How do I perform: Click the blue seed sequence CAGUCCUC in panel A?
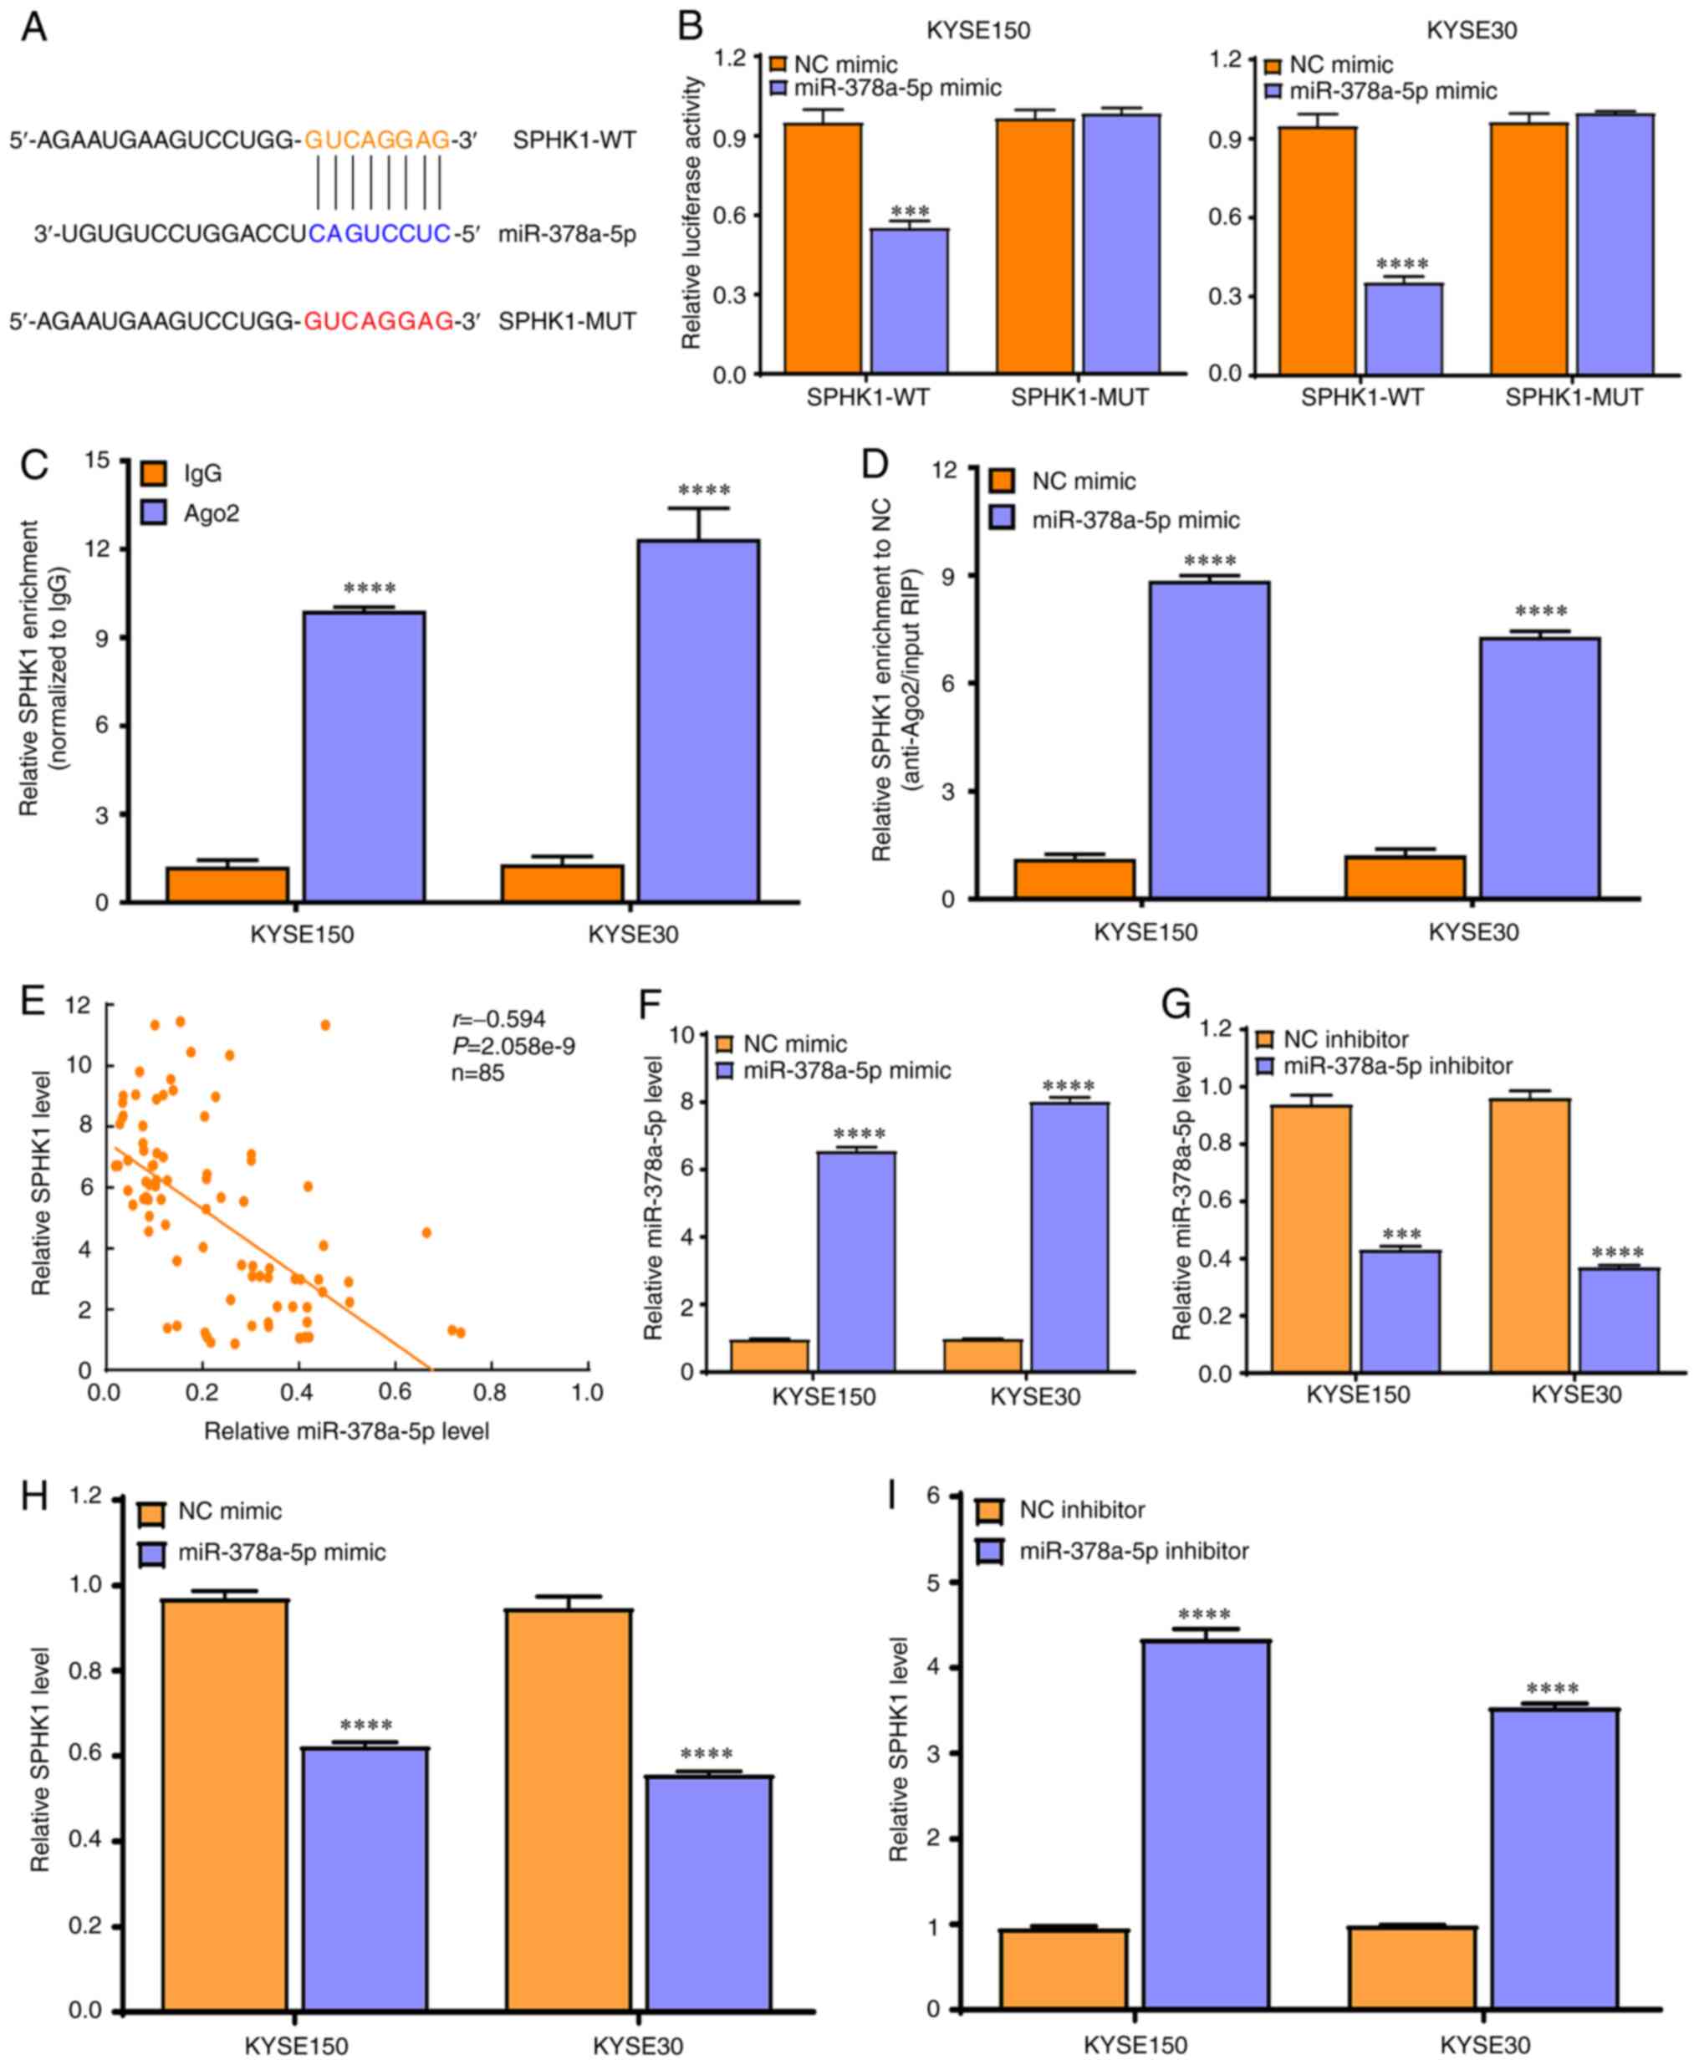(x=380, y=234)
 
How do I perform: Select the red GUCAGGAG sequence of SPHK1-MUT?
(x=378, y=321)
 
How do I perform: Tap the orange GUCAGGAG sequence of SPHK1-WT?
(x=377, y=140)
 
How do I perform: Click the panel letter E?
(x=33, y=1002)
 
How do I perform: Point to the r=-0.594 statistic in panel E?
(x=500, y=1020)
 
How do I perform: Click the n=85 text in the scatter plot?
(x=477, y=1073)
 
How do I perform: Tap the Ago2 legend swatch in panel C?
(x=154, y=512)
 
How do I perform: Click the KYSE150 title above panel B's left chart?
(x=977, y=30)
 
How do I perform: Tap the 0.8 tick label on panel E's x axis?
(x=490, y=1393)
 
